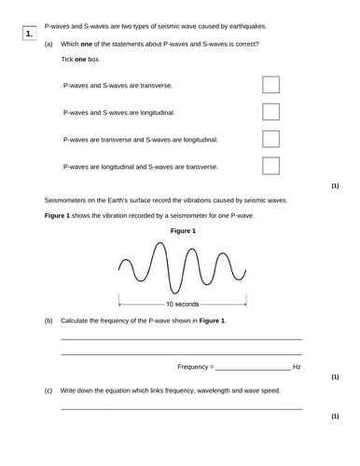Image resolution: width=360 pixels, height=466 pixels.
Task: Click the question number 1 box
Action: [31, 34]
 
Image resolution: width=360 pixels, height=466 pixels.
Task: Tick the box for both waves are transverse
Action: [270, 85]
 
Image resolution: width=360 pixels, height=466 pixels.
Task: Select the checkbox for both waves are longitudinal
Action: [270, 112]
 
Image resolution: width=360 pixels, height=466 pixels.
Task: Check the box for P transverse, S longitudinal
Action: [270, 139]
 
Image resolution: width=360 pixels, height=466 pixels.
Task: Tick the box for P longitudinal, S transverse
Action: [270, 166]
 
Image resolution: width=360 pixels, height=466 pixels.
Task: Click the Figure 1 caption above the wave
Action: [182, 230]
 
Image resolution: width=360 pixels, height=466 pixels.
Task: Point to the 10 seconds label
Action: [182, 304]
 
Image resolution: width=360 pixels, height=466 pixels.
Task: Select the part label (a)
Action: [48, 44]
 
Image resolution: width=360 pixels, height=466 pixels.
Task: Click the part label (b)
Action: [48, 321]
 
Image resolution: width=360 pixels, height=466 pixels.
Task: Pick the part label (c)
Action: [48, 390]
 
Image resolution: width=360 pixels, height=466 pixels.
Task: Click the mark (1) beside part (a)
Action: [335, 185]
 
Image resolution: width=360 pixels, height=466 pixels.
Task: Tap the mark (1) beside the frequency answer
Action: [335, 378]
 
